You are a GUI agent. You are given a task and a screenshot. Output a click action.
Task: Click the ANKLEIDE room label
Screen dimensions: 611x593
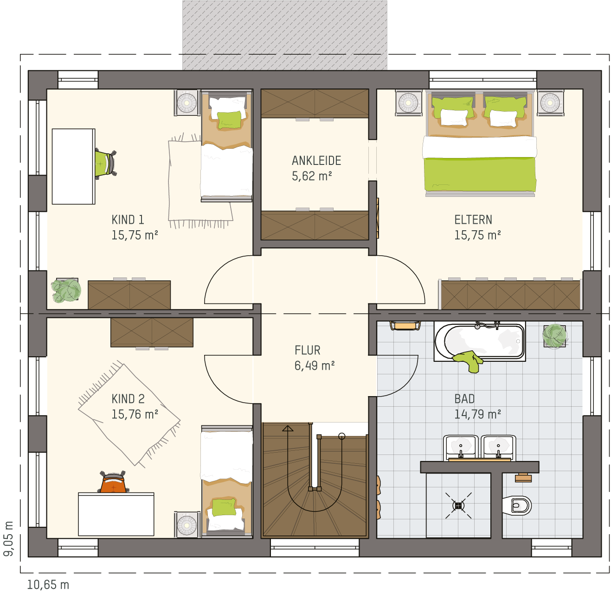(316, 161)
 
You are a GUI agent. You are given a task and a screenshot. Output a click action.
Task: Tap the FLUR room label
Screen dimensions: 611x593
(308, 350)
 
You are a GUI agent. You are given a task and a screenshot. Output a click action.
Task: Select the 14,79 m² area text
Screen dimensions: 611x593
(477, 414)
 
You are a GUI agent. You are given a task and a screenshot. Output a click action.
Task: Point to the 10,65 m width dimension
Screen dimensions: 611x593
(48, 585)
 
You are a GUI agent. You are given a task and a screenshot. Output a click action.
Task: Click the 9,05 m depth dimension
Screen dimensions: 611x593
(8, 539)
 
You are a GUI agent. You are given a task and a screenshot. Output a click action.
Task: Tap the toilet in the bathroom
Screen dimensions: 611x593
(517, 505)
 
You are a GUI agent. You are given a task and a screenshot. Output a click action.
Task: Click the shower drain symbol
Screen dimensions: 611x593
(459, 505)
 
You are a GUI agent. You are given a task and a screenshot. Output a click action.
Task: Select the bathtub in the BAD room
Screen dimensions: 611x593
(479, 341)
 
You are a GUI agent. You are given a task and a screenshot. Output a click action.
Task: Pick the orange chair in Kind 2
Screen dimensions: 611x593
(113, 482)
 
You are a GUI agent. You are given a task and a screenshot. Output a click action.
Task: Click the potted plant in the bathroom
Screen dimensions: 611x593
(555, 336)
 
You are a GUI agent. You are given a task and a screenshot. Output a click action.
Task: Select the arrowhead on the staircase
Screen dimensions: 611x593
(288, 428)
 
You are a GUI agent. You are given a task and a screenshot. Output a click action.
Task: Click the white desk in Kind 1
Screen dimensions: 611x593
(73, 166)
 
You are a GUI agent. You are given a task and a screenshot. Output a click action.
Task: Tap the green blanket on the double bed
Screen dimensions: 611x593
(480, 174)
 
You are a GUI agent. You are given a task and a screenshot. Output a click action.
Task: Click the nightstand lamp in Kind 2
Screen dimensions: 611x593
(187, 525)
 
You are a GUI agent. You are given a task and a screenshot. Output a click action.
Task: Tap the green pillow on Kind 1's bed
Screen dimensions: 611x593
(229, 120)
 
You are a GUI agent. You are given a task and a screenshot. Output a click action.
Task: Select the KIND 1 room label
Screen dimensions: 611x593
(128, 220)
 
